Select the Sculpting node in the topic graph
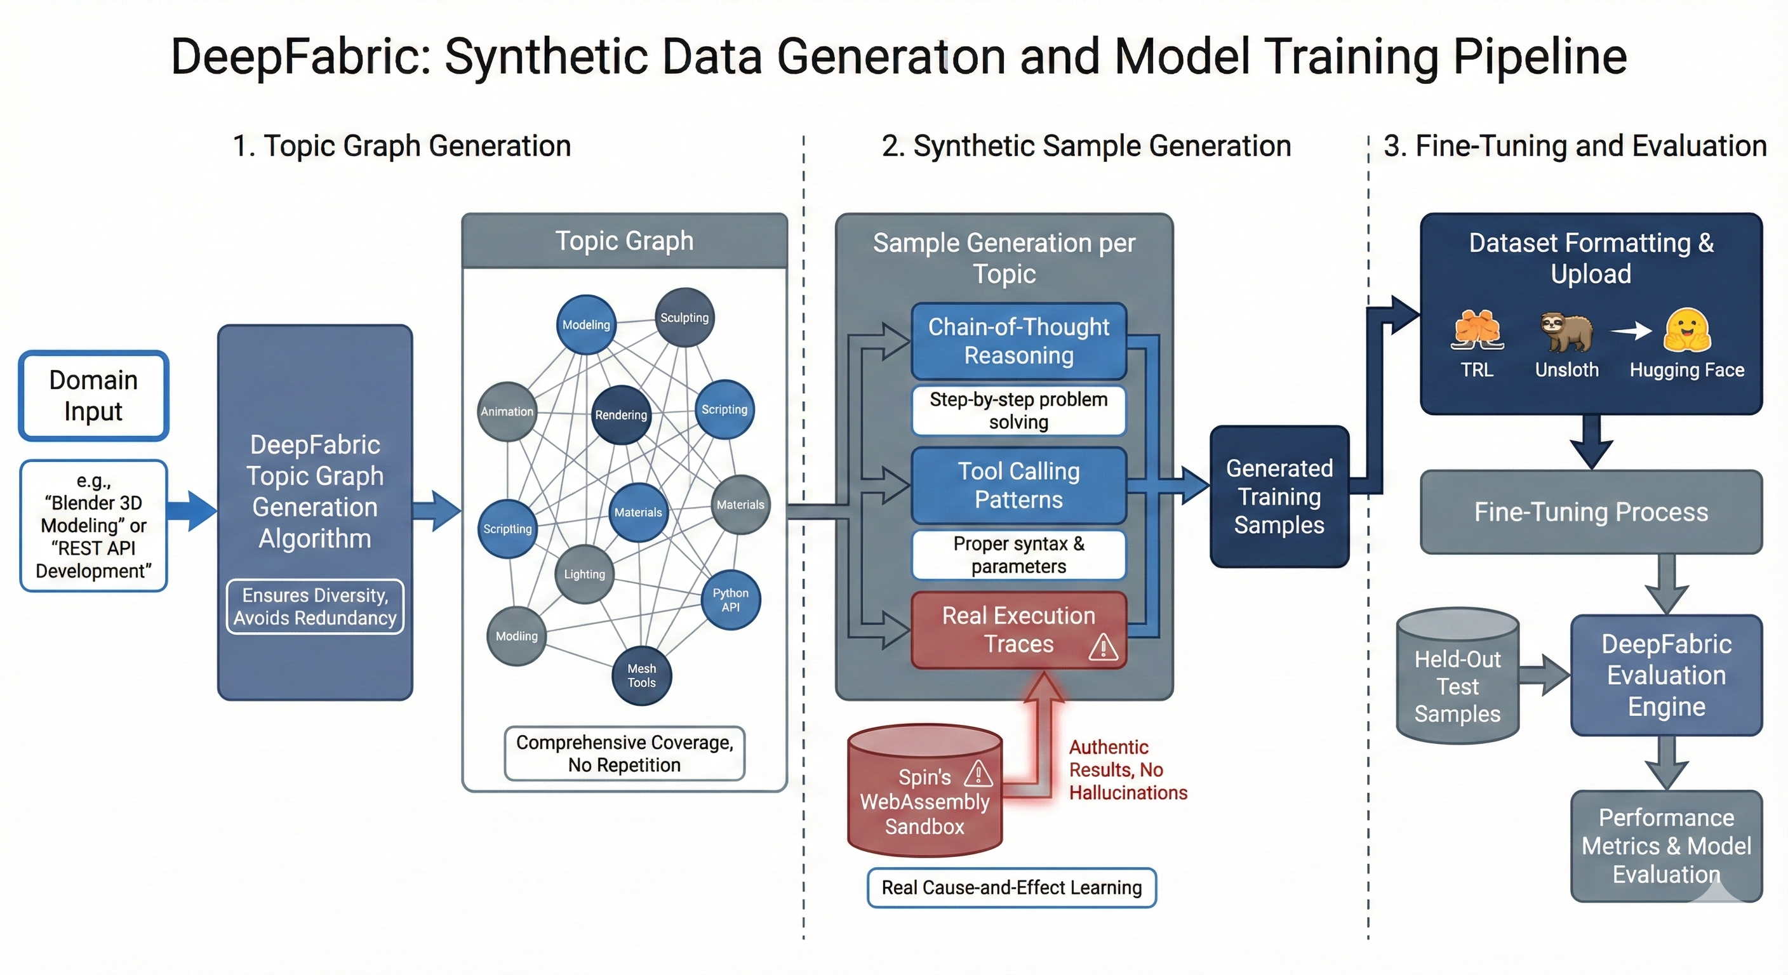click(x=684, y=318)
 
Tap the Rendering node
click(x=620, y=415)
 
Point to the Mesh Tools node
click(x=641, y=676)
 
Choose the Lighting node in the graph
click(x=584, y=574)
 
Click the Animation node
click(x=507, y=411)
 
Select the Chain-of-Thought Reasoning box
click(x=1018, y=341)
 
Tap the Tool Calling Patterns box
click(x=1018, y=485)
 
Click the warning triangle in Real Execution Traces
click(x=1103, y=647)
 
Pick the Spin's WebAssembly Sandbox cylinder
click(x=924, y=791)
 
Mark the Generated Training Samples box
click(x=1279, y=497)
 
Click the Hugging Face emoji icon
click(x=1687, y=330)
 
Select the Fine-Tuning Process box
click(x=1591, y=512)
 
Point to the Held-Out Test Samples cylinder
click(x=1458, y=677)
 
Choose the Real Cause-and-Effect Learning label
click(x=1011, y=887)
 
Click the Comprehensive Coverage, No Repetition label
click(x=625, y=753)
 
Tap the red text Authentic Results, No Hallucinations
click(x=1128, y=770)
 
